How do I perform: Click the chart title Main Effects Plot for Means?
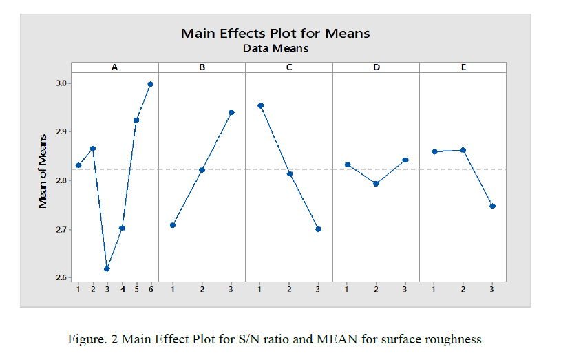point(275,33)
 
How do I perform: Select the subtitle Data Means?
point(275,48)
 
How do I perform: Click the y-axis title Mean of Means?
point(43,180)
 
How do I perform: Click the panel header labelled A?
point(115,67)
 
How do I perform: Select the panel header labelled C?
point(289,67)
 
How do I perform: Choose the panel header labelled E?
point(463,67)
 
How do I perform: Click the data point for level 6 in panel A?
point(151,84)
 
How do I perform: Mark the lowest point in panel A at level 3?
point(107,268)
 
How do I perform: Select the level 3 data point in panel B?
point(231,112)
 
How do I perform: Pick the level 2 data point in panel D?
point(376,184)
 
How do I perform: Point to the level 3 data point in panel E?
point(492,206)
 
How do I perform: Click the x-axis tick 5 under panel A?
point(136,290)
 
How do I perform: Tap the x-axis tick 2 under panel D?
point(376,290)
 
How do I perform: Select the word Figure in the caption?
point(85,339)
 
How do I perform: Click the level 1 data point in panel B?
point(173,225)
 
